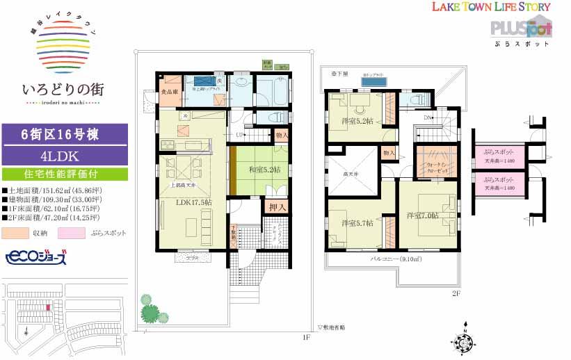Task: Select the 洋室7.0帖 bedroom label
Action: [423, 215]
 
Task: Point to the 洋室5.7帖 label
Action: [357, 223]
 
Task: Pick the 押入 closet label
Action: [275, 207]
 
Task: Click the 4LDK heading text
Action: [58, 155]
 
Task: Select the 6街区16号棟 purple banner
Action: [58, 134]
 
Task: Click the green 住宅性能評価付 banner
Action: [58, 174]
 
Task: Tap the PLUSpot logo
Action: [521, 28]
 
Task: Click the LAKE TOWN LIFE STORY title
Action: [491, 7]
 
